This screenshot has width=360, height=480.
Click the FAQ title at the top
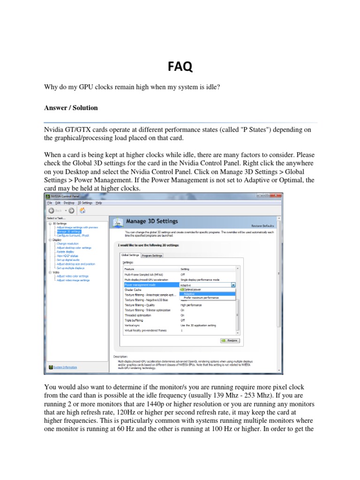[180, 67]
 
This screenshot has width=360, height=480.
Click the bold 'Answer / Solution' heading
[71, 108]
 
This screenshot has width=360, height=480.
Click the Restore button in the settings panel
[230, 341]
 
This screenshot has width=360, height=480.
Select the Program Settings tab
[152, 255]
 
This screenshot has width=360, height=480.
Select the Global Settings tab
[130, 255]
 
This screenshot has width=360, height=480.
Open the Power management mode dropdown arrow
[233, 285]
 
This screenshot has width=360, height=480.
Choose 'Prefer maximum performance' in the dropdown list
[201, 298]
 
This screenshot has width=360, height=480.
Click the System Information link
[65, 367]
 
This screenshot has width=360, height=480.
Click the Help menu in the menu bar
[99, 203]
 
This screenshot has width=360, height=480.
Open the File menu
[50, 203]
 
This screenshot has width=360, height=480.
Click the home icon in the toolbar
[82, 210]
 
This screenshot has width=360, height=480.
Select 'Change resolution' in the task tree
[68, 244]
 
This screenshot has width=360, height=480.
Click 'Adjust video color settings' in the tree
[72, 276]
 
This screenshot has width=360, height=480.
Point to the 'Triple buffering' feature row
[134, 320]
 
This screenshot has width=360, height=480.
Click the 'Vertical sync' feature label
[132, 325]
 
